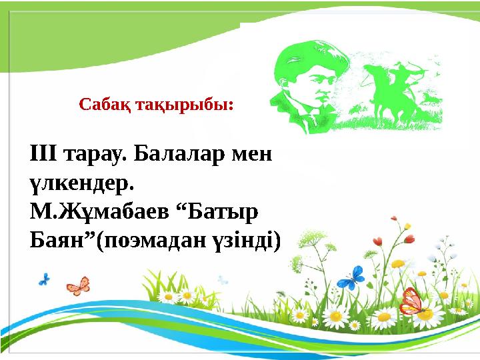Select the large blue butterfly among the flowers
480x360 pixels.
[x=349, y=277]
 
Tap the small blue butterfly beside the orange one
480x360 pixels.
[x=45, y=279]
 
